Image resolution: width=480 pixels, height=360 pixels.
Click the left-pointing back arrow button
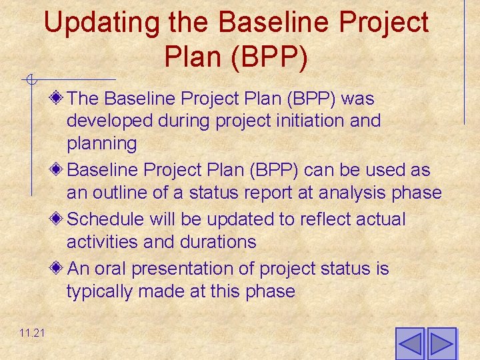[410, 344]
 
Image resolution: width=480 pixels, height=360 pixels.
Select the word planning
[101, 144]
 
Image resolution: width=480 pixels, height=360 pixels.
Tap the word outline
[125, 193]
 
